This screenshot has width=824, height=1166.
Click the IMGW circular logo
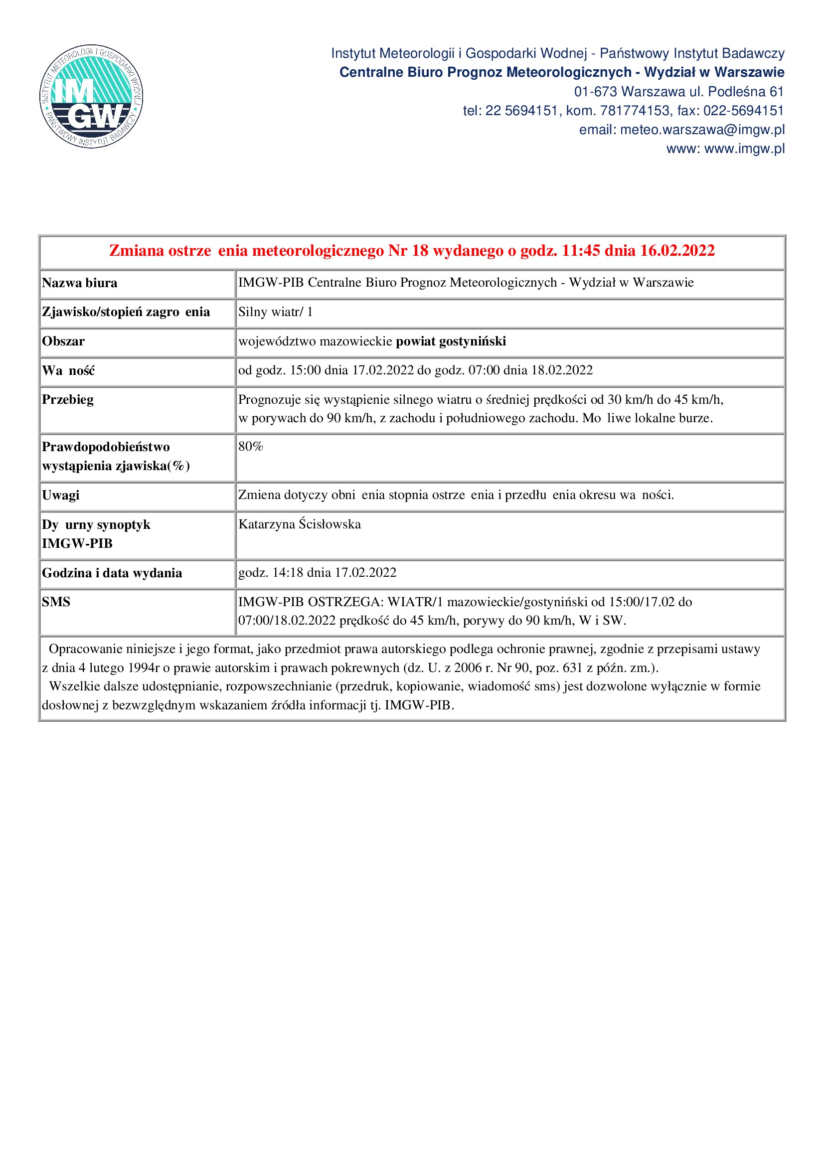click(x=91, y=96)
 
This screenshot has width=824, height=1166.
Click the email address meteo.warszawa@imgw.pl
click(x=702, y=130)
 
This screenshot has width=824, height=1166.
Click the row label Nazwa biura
click(x=80, y=283)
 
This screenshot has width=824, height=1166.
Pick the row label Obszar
click(x=63, y=341)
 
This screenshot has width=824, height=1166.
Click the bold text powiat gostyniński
click(x=451, y=341)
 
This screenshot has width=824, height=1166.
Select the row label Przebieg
click(x=68, y=400)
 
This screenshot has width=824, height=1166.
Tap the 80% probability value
click(x=251, y=446)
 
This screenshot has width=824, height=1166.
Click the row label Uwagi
click(x=61, y=495)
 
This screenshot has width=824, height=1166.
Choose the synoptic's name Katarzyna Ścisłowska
click(x=300, y=524)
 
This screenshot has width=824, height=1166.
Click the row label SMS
click(x=56, y=602)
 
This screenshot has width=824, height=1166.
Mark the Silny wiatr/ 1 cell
click(x=276, y=312)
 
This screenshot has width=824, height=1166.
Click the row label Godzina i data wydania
click(x=112, y=573)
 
